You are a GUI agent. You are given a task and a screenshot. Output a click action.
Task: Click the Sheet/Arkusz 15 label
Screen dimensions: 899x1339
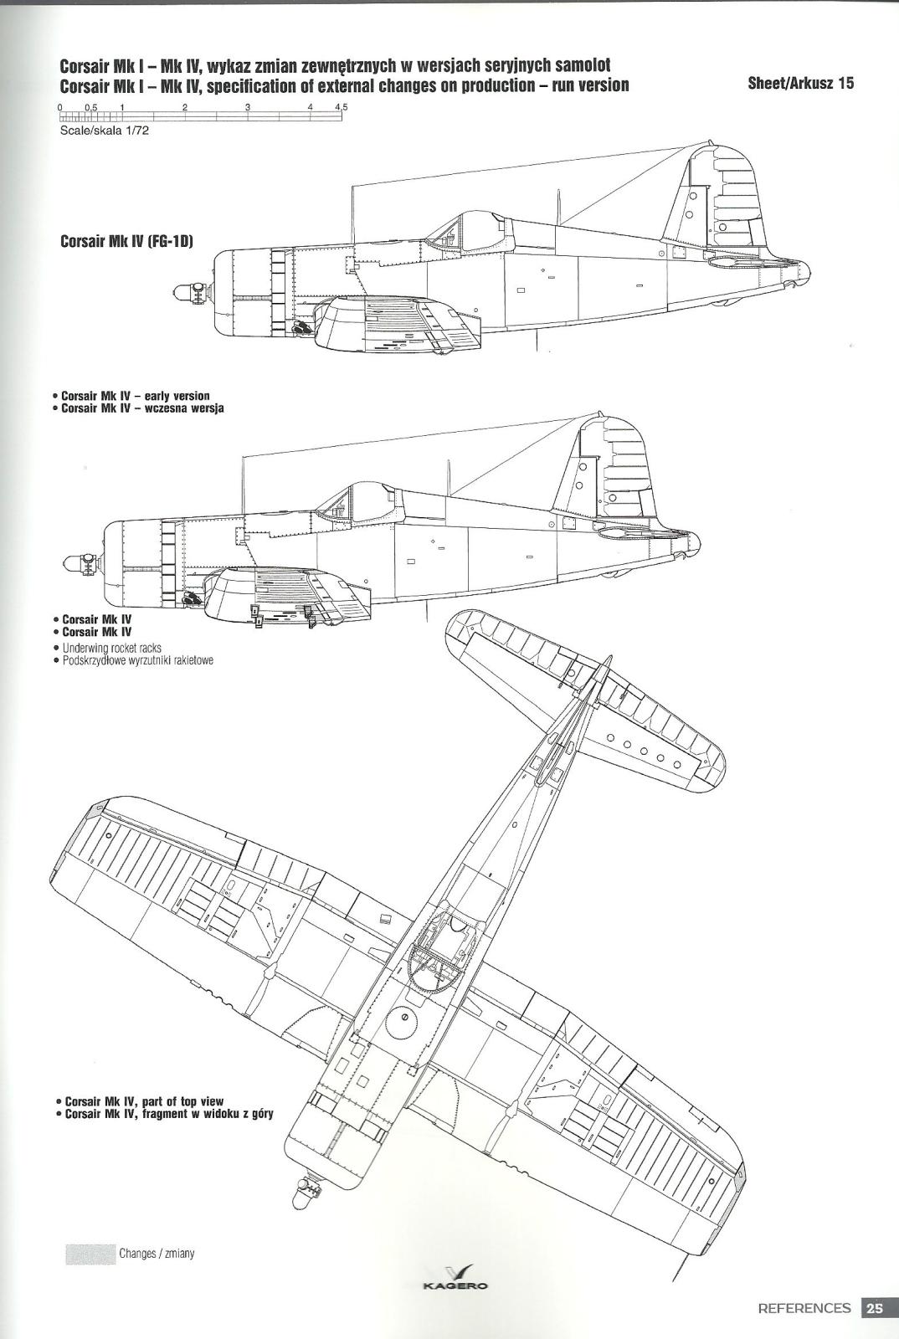[800, 83]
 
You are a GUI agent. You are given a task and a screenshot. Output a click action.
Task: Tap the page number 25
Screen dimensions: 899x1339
[874, 1307]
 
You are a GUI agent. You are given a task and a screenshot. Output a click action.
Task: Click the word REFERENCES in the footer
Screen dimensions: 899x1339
[804, 1308]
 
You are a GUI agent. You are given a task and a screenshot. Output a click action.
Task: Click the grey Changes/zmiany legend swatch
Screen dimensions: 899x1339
[90, 1249]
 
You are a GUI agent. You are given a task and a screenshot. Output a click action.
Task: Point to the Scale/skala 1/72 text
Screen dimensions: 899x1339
[103, 131]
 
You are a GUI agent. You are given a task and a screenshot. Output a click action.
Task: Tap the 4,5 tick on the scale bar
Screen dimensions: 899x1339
[342, 107]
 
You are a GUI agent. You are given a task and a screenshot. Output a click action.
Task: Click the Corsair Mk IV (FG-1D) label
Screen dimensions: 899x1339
[126, 242]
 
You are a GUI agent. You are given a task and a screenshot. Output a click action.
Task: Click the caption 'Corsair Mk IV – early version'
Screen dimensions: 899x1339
[136, 396]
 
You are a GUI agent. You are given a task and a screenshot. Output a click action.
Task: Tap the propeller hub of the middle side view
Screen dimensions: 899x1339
[83, 562]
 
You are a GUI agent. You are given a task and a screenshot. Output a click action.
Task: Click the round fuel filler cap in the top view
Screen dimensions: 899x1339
[403, 1018]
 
